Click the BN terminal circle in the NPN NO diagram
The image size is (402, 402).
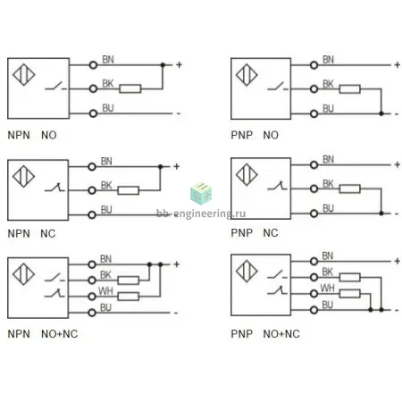point(93,65)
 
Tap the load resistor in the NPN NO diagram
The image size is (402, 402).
point(130,88)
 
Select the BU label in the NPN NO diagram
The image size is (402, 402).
point(108,108)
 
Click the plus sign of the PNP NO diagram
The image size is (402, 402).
point(397,64)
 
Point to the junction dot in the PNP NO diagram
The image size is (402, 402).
point(381,113)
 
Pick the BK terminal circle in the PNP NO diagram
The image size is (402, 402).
point(314,89)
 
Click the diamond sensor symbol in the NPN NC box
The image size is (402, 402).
point(24,176)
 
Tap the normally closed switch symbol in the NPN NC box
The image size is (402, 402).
point(54,188)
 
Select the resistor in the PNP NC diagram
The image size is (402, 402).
point(350,188)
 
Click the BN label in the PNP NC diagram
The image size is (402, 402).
point(328,159)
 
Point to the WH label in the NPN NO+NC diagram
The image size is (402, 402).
point(105,290)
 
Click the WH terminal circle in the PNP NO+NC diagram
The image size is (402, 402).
point(314,294)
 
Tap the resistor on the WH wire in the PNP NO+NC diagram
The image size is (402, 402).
point(350,294)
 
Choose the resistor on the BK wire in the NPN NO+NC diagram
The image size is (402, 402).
point(129,281)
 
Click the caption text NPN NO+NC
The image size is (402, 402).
point(43,334)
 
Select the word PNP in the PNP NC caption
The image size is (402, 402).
point(242,233)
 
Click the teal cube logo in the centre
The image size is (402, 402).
point(201,194)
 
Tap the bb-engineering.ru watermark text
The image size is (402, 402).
point(201,214)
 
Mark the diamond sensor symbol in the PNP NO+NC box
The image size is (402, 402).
point(247,272)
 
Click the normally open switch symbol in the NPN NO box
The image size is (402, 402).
point(55,86)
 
